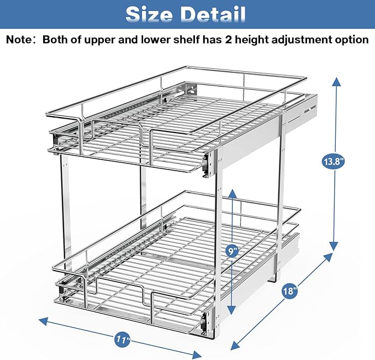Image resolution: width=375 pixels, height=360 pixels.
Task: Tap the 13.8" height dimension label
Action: pyautogui.click(x=333, y=162)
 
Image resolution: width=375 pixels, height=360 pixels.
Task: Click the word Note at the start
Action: pyautogui.click(x=21, y=40)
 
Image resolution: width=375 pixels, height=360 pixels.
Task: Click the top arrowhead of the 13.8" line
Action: pyautogui.click(x=334, y=81)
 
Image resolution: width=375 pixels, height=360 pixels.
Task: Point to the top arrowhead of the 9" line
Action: pyautogui.click(x=233, y=191)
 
